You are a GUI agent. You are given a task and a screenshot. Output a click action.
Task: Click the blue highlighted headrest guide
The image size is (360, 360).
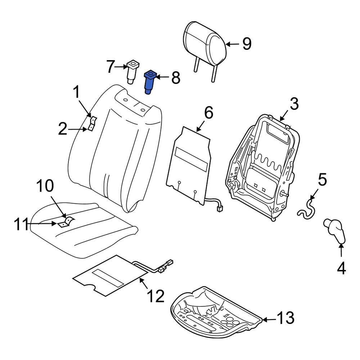[149, 82]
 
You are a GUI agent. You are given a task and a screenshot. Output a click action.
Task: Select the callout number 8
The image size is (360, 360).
[175, 78]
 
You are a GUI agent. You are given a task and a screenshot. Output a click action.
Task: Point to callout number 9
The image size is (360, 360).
[246, 44]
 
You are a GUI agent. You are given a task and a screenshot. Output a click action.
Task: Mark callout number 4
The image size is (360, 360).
[341, 268]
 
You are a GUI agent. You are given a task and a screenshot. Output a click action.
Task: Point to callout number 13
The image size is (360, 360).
[285, 318]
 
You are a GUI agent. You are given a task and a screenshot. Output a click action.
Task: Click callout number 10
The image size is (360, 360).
[45, 186]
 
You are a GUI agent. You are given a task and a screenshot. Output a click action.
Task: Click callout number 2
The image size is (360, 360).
[63, 129]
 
